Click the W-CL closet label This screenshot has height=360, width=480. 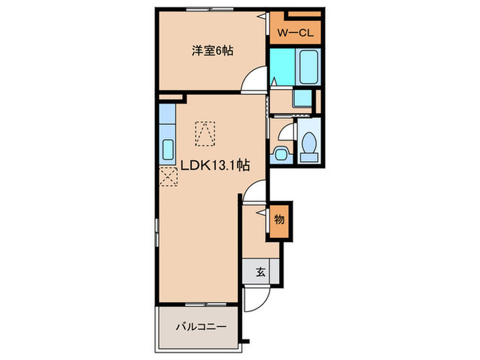click(296, 33)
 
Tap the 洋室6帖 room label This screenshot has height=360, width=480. click(213, 51)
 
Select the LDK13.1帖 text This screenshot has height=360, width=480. click(215, 166)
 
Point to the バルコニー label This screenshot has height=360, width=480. click(201, 327)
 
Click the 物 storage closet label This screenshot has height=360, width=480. click(279, 219)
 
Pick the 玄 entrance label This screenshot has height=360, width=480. click(261, 272)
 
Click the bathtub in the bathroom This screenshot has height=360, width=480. click(309, 67)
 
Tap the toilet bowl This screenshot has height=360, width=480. click(309, 143)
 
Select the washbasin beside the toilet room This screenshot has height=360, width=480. click(280, 154)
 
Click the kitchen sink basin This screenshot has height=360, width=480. click(168, 149)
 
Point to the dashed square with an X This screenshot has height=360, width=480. click(169, 177)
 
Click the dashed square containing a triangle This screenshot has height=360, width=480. click(205, 134)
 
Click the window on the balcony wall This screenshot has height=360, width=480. click(206, 304)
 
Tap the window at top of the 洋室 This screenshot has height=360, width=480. click(206, 9)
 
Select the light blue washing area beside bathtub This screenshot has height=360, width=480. click(283, 67)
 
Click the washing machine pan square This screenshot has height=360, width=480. click(302, 98)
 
